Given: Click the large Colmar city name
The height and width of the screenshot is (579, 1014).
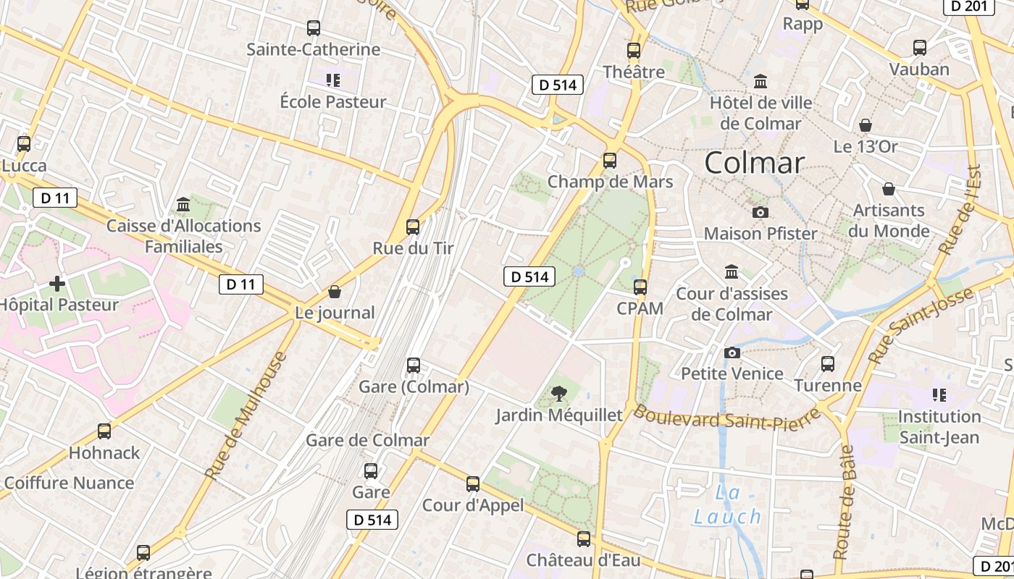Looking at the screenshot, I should click(754, 163).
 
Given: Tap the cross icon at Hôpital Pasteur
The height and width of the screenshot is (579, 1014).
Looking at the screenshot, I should click(57, 283).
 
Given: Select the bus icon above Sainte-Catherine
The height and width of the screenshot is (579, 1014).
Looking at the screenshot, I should click(313, 28).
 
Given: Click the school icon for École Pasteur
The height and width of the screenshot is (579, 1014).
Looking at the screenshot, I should click(332, 80).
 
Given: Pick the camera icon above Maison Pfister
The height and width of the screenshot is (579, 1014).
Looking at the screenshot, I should click(760, 212).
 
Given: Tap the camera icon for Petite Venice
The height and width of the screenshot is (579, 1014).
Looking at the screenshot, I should click(732, 352).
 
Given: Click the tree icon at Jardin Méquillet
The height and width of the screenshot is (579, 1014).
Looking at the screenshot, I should click(558, 394).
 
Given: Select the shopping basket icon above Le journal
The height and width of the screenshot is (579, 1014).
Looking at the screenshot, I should click(334, 292).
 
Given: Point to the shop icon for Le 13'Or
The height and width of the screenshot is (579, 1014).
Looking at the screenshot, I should click(865, 125).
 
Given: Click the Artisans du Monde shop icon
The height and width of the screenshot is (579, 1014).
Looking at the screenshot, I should click(889, 189).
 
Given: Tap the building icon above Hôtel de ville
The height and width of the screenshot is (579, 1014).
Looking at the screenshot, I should click(760, 81).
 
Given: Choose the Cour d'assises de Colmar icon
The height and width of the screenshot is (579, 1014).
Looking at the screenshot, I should click(732, 272).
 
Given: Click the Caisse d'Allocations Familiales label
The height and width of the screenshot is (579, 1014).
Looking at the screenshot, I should click(184, 236).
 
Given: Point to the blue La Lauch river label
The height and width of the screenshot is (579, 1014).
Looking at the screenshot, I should click(727, 505).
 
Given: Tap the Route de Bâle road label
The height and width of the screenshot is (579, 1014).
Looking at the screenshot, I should click(844, 502).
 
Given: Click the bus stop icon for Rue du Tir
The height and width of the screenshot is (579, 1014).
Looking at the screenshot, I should click(413, 227).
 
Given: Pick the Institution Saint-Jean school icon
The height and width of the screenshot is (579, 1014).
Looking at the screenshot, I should click(939, 395).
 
